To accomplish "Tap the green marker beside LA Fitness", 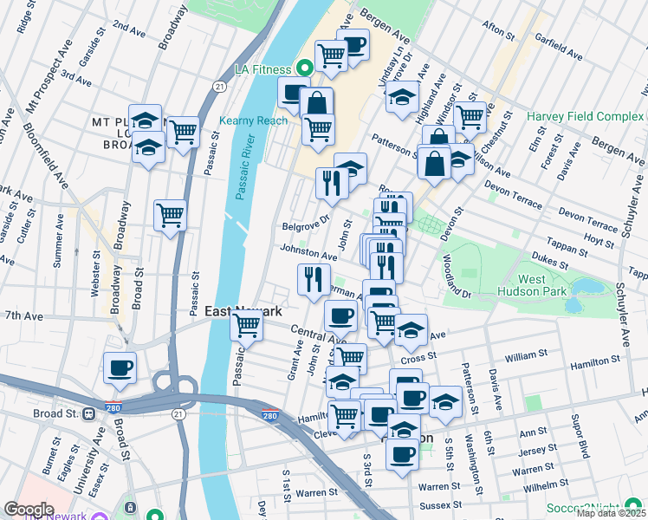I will pyautogui.click(x=304, y=68).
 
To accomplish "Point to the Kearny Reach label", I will pyautogui.click(x=253, y=120).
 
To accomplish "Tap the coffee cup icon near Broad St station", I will pyautogui.click(x=120, y=367).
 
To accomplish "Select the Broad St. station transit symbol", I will pyautogui.click(x=88, y=413).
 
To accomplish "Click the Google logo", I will pyautogui.click(x=29, y=509).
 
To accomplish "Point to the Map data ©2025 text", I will pyautogui.click(x=611, y=513).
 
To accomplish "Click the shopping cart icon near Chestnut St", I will pyautogui.click(x=470, y=116).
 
